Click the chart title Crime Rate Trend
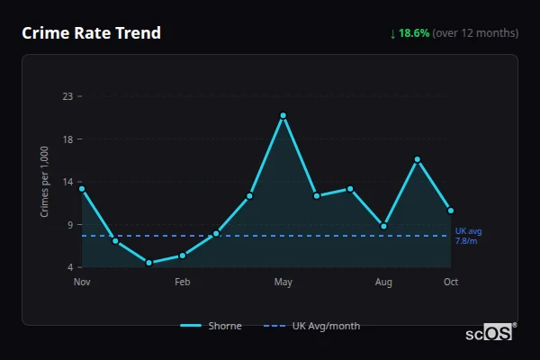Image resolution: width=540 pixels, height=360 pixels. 91,33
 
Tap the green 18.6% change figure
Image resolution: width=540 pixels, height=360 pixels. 415,33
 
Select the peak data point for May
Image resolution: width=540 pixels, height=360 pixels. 283,115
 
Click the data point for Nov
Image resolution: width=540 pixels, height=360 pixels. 82,189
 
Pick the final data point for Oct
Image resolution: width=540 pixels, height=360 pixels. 451,211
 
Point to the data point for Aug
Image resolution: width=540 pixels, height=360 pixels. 383,226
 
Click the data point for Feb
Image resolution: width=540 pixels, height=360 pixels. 183,256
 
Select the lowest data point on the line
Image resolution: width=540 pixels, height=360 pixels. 148,263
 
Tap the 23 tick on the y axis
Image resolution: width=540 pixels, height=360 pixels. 67,96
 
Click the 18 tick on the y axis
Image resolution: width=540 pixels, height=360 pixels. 67,139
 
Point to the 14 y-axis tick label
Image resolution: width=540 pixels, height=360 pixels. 67,182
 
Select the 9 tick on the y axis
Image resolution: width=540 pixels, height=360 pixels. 69,225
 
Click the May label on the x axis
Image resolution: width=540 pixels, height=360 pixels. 283,283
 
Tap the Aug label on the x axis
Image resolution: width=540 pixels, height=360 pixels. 383,283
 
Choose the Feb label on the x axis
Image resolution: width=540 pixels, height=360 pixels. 183,283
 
